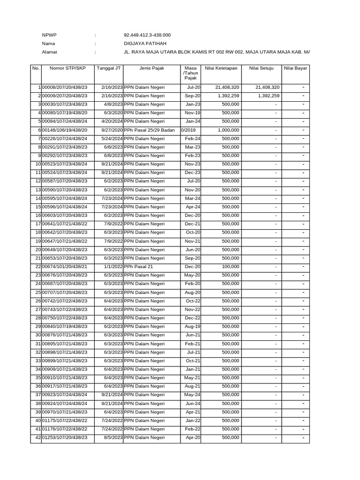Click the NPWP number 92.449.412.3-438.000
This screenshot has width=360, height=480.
point(147,35)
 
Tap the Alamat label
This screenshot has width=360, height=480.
point(50,52)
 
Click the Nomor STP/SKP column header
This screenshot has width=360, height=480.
point(68,68)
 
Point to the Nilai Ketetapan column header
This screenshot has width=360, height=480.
point(221,68)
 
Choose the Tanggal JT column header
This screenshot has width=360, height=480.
point(109,68)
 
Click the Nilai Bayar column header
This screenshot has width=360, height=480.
point(295,68)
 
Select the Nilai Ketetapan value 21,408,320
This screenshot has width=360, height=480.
point(227,87)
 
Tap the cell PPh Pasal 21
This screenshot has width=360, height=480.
point(139,267)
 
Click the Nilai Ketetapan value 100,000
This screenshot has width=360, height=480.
point(231,267)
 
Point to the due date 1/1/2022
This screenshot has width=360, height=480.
point(113,267)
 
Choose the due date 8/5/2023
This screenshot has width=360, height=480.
point(113,437)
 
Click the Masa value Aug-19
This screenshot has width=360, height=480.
point(193,326)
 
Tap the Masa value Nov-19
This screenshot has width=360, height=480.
point(193,113)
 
